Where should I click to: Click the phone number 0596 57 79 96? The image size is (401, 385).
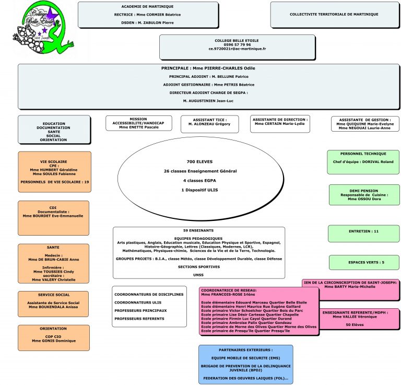pyautogui.click(x=237, y=44)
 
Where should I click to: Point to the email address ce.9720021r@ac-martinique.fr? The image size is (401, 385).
pyautogui.click(x=237, y=49)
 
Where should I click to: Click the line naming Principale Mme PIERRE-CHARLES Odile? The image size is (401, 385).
pyautogui.click(x=208, y=68)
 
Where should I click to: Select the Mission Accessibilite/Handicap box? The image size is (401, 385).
pyautogui.click(x=138, y=123)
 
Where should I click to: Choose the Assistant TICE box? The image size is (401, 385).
pyautogui.click(x=209, y=124)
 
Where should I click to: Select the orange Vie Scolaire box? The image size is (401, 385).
pyautogui.click(x=54, y=171)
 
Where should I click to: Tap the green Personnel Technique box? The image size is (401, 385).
pyautogui.click(x=363, y=162)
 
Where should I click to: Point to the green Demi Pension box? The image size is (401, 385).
pyautogui.click(x=364, y=195)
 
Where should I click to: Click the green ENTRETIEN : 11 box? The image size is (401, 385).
pyautogui.click(x=363, y=230)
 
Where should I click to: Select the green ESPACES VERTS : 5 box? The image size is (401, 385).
pyautogui.click(x=364, y=262)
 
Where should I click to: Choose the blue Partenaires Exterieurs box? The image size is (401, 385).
pyautogui.click(x=245, y=364)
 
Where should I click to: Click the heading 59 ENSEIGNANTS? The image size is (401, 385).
pyautogui.click(x=199, y=230)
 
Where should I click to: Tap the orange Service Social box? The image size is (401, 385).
pyautogui.click(x=53, y=305)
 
